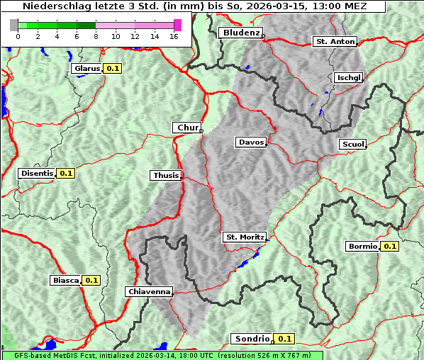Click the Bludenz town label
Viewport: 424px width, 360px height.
coord(240,33)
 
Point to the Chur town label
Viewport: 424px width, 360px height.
coord(187,128)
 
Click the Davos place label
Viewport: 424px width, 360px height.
coord(251,142)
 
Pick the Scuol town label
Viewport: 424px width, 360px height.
coord(352,144)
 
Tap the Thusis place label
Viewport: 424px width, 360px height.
coord(166,175)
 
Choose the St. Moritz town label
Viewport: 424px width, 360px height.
coord(244,237)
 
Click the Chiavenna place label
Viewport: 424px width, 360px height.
coord(149,291)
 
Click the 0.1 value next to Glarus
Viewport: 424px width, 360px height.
coord(112,69)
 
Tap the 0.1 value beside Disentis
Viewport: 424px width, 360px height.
coord(66,173)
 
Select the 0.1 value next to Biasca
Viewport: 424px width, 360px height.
coord(91,280)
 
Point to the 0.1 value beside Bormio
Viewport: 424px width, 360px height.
coord(390,247)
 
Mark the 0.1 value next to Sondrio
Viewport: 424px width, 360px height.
coord(284,339)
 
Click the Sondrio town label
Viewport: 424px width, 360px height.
coord(252,339)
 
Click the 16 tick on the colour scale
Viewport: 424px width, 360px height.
coord(174,36)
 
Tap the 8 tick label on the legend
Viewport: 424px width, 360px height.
coord(96,36)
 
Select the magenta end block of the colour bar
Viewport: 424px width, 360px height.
coord(177,25)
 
